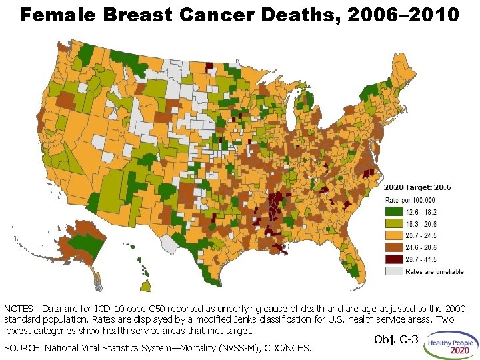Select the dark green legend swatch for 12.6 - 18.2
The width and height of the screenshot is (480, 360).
(395, 212)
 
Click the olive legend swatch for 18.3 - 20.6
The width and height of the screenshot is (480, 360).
(395, 224)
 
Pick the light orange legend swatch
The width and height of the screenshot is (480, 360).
(395, 235)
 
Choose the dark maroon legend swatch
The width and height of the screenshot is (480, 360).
(395, 259)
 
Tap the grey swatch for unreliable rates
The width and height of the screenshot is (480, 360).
(395, 271)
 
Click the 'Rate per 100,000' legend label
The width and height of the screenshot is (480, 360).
(411, 200)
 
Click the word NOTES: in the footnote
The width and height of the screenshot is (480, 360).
(21, 309)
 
